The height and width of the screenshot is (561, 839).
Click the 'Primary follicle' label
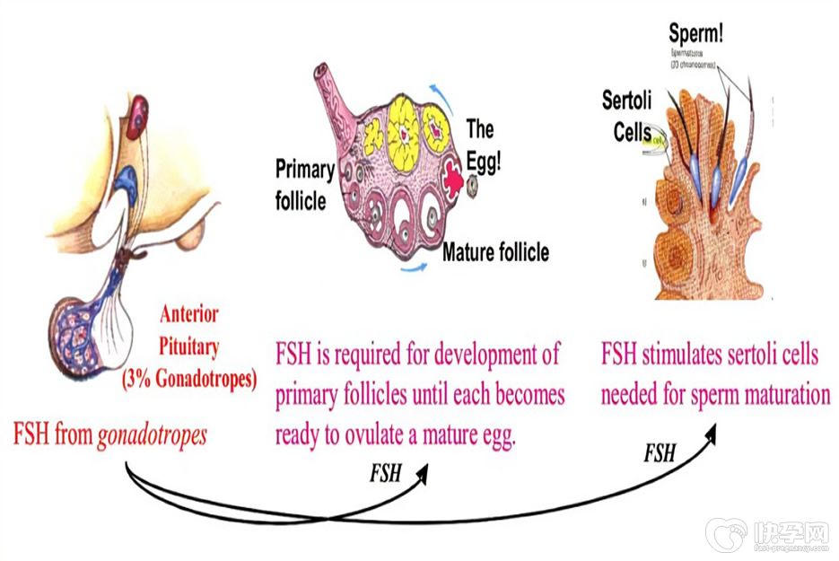click(304, 183)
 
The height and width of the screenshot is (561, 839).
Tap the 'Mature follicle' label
click(495, 252)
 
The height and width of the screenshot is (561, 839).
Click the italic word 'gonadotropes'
click(152, 435)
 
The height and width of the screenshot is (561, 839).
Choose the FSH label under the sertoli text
click(660, 453)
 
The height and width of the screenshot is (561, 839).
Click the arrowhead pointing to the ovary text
click(423, 473)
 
